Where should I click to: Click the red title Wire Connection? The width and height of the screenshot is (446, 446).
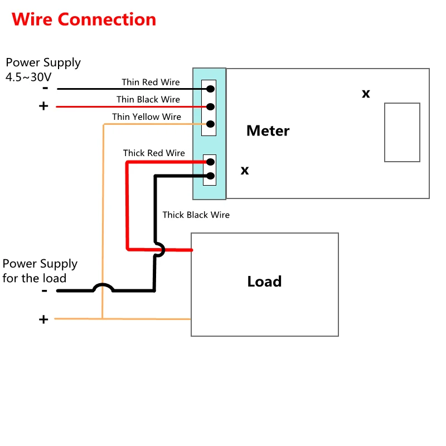(84, 20)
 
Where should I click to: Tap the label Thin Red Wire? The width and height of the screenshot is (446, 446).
(151, 83)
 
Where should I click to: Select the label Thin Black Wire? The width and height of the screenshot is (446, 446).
(148, 100)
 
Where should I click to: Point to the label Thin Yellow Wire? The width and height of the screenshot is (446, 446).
(146, 117)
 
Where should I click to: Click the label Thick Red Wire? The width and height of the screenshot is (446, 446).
(154, 153)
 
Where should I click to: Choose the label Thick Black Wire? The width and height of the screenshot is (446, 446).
(196, 215)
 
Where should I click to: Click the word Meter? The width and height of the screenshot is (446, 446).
(268, 131)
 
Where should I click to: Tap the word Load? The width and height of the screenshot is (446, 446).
(264, 282)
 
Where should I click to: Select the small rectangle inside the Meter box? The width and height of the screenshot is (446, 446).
(402, 132)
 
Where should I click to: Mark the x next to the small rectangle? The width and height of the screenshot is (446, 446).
(366, 94)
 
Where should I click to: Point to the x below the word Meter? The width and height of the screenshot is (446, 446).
(245, 171)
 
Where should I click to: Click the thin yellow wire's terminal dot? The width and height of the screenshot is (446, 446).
(211, 124)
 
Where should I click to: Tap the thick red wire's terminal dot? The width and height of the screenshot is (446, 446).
(211, 162)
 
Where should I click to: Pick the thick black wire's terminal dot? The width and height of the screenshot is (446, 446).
(211, 176)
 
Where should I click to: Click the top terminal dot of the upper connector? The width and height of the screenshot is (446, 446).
(211, 89)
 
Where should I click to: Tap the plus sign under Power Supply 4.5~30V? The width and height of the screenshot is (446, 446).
(44, 106)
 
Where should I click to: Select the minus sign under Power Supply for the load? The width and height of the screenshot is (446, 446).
(45, 291)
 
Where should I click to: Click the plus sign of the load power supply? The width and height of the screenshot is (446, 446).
(43, 319)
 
